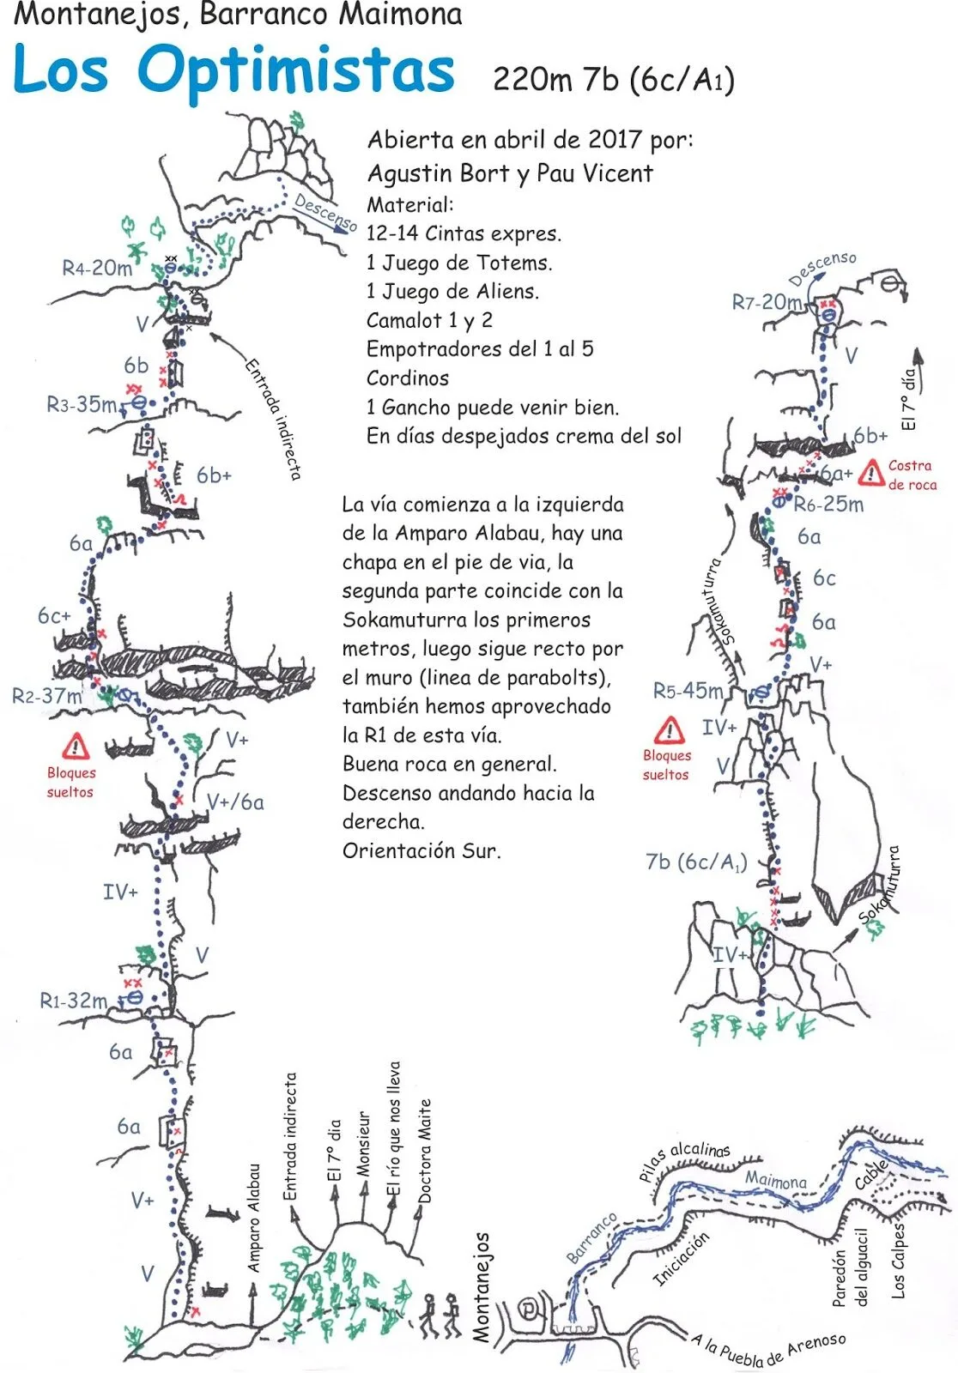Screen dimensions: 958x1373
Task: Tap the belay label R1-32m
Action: [x=73, y=1001]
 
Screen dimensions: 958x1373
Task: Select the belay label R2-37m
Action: [x=46, y=696]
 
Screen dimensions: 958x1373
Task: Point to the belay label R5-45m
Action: [x=688, y=691]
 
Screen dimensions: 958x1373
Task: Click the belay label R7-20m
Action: [x=767, y=301]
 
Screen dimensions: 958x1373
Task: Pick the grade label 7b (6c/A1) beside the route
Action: [x=696, y=862]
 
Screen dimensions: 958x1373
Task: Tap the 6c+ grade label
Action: [x=54, y=615]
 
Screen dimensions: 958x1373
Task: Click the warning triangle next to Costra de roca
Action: [x=870, y=474]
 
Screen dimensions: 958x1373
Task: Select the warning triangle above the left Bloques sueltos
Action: [x=76, y=746]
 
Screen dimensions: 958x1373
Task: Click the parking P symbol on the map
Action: [x=527, y=1309]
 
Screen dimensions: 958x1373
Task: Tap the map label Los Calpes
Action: [x=897, y=1261]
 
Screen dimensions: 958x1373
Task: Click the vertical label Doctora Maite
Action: [x=424, y=1151]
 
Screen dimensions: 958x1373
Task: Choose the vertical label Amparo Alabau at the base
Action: [x=253, y=1218]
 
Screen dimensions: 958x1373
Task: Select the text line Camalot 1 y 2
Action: [x=429, y=320]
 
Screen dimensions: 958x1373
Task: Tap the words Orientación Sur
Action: [x=421, y=850]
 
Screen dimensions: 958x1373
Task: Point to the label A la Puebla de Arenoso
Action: [x=769, y=1347]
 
